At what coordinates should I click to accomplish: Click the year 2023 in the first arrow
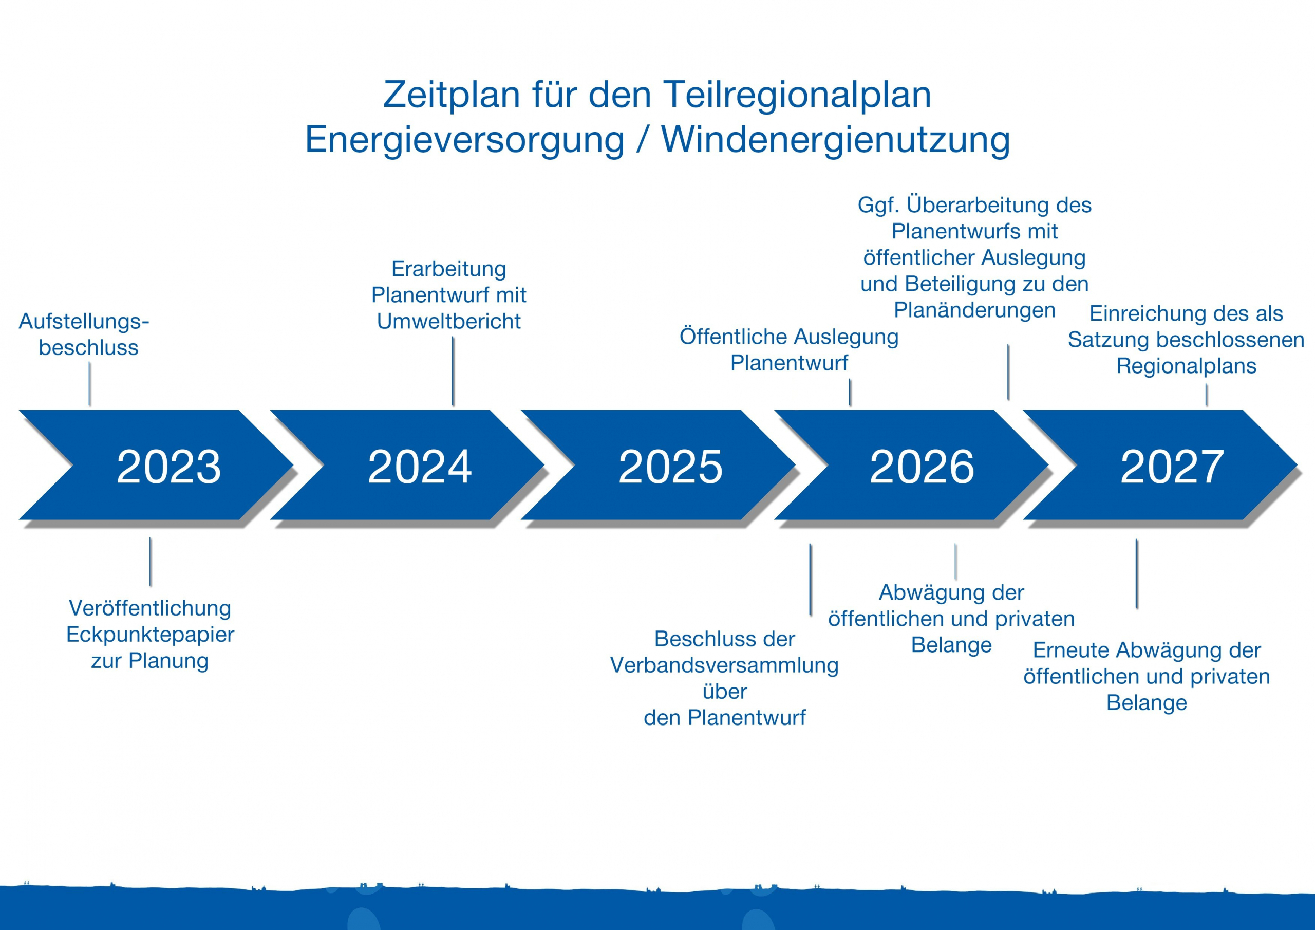tap(168, 467)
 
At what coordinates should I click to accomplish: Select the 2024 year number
tap(420, 467)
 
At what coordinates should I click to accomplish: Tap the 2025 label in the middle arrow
tap(670, 467)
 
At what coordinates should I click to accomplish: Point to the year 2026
tap(922, 467)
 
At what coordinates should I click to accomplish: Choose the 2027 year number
tap(1172, 467)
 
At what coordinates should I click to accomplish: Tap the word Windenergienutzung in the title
tap(836, 140)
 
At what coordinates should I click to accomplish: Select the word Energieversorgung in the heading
tap(464, 140)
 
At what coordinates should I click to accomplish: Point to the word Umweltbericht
tap(448, 322)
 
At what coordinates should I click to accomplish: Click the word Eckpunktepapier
tap(150, 635)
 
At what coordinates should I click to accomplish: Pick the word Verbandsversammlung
tap(724, 665)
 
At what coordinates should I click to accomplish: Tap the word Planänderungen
tap(974, 310)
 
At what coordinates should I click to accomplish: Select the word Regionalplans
tap(1186, 366)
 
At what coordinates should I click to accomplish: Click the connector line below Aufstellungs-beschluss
tap(90, 384)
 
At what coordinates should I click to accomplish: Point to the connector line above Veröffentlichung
tap(151, 562)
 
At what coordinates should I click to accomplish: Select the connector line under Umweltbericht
tap(453, 371)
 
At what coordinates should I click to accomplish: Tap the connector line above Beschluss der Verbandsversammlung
tap(811, 579)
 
